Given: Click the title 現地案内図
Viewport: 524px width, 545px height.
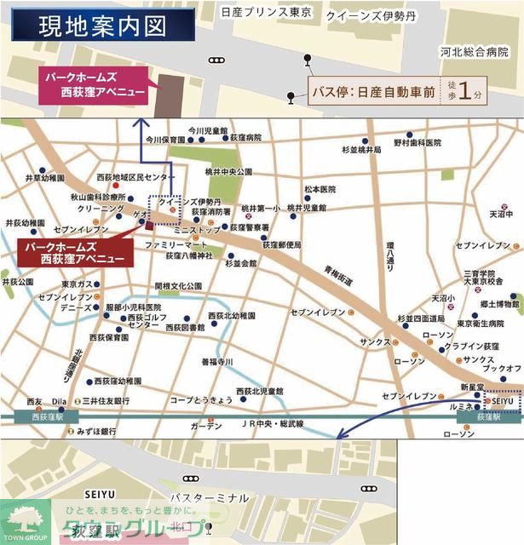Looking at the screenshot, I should (101, 26).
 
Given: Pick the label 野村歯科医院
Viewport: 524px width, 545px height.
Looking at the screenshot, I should (419, 143).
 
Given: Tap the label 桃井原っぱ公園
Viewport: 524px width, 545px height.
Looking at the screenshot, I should (229, 171).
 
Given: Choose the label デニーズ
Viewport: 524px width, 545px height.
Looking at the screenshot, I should (64, 306).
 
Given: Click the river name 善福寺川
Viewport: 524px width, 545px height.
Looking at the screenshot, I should (217, 362).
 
